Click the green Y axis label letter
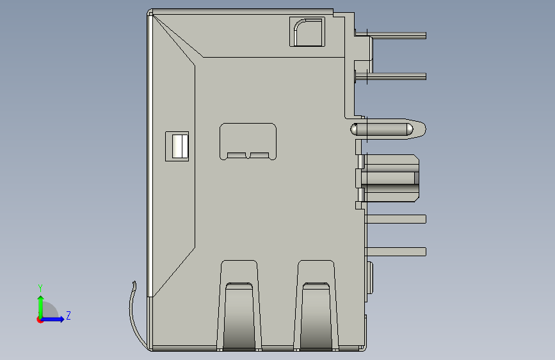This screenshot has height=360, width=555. [x=40, y=288]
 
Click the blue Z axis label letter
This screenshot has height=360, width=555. [x=68, y=315]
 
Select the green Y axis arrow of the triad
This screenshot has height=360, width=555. [x=41, y=307]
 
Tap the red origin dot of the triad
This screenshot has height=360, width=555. [x=40, y=320]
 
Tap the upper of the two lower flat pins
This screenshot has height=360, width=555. [x=396, y=219]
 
